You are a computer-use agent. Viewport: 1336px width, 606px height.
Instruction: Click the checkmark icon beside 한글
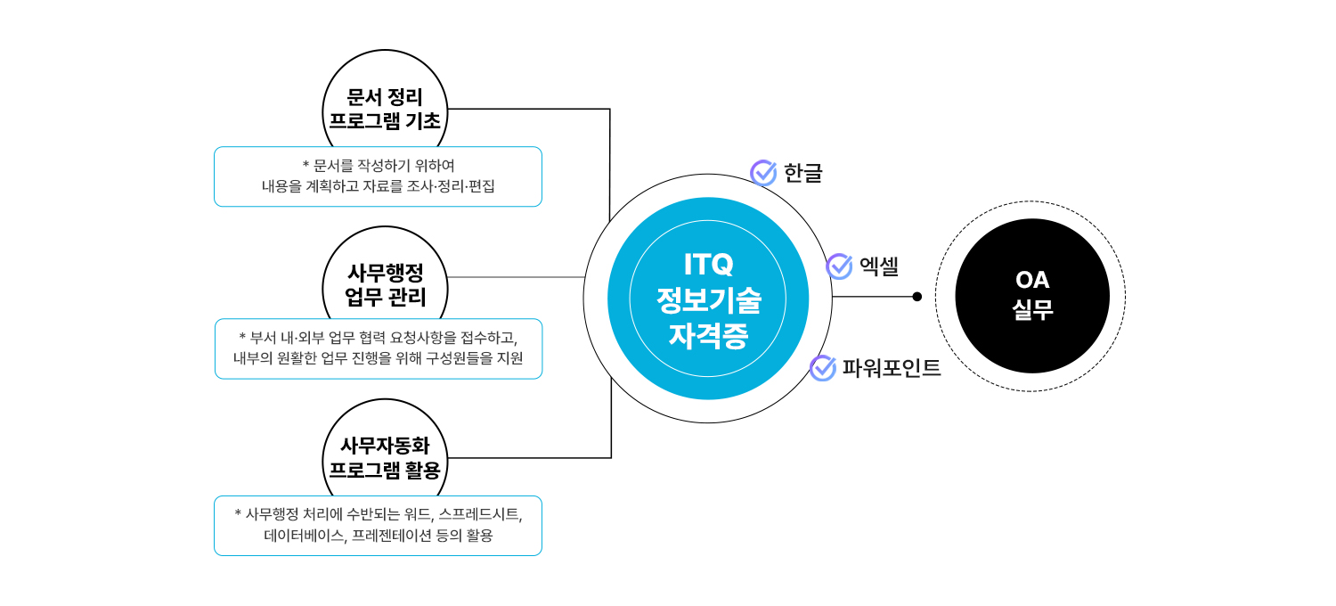[x=763, y=173]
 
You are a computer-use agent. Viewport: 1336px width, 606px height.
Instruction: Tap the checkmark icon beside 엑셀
[x=839, y=266]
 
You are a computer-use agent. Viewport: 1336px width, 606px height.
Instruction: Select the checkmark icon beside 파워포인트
[x=822, y=367]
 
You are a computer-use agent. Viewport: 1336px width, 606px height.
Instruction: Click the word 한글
[x=803, y=173]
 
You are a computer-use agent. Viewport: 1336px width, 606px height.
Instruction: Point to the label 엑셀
[x=879, y=266]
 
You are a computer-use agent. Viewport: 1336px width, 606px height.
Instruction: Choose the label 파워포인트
[x=892, y=368]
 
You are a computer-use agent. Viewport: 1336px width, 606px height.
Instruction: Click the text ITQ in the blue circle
[x=708, y=264]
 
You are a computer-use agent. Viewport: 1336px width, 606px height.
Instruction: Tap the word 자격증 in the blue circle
[x=708, y=337]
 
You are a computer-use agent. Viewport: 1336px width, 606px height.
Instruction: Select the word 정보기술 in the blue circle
[x=708, y=300]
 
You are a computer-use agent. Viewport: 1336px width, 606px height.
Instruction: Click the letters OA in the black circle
[x=1032, y=280]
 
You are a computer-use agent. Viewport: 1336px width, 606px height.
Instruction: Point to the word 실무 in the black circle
[x=1032, y=310]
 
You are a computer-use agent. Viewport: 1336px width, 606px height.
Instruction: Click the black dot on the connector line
[x=917, y=297]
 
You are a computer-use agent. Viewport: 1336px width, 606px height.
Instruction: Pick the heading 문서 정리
[x=385, y=97]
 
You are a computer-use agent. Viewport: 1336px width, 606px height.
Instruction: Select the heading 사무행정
[x=385, y=272]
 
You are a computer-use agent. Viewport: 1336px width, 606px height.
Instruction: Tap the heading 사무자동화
[x=385, y=445]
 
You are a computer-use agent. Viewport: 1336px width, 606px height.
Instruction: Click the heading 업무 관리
[x=385, y=297]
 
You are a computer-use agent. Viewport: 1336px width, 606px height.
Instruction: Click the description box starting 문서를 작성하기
[x=378, y=176]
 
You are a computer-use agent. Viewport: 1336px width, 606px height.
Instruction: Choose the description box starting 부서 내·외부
[x=378, y=348]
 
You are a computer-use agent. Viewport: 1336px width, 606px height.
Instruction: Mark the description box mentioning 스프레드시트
[x=378, y=526]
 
